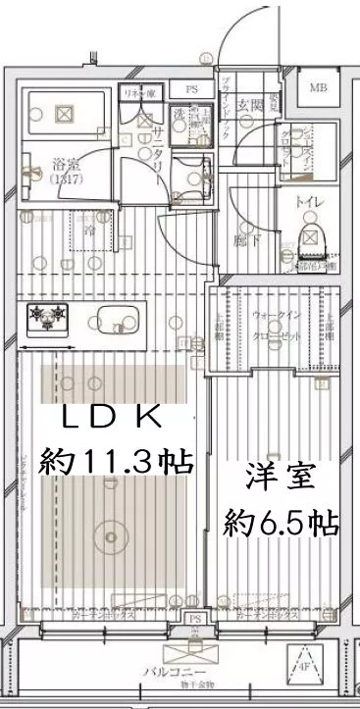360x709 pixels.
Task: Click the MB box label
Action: (320, 89)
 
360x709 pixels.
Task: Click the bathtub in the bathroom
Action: (64, 114)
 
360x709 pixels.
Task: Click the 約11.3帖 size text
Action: (114, 459)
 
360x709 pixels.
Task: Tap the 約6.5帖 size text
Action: (281, 519)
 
